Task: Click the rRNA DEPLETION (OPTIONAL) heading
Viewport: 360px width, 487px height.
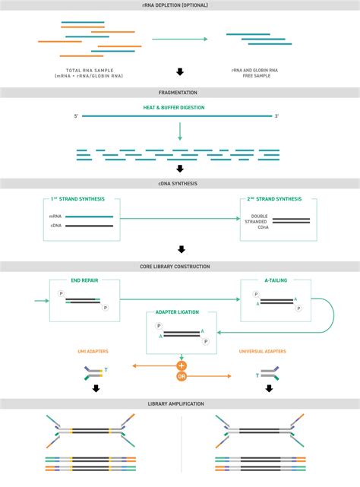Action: pos(180,5)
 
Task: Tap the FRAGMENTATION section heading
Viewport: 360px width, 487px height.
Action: pos(180,93)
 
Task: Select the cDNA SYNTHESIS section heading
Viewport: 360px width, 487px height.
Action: pos(180,183)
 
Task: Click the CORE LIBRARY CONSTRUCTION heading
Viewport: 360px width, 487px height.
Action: pos(180,267)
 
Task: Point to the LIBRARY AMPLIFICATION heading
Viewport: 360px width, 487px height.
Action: pos(180,403)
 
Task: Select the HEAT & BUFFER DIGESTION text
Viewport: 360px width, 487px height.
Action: pos(180,107)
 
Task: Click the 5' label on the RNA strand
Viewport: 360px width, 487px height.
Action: pos(77,117)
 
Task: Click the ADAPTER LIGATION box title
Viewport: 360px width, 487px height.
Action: pos(180,312)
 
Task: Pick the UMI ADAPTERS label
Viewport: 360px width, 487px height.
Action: pos(92,352)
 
